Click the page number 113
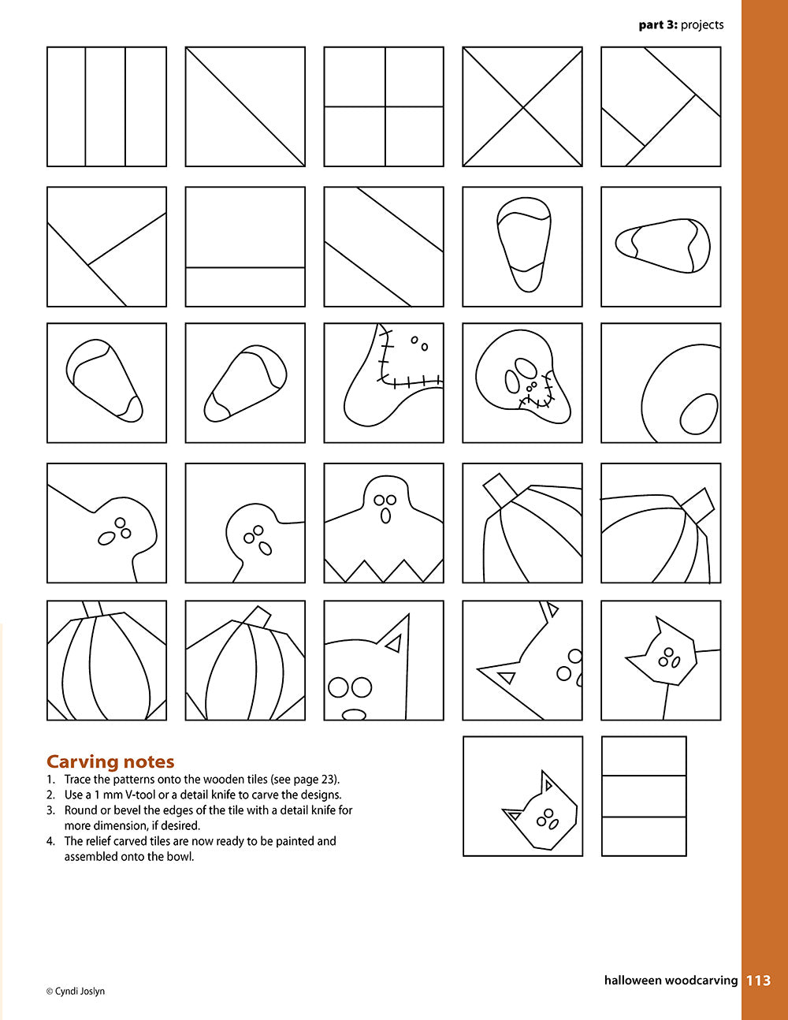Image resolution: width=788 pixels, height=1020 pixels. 758,981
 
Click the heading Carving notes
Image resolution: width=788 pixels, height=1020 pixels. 110,761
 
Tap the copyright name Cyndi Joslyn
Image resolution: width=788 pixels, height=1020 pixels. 80,991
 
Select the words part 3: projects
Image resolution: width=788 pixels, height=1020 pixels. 681,25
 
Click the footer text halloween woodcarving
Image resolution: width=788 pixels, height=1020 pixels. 671,981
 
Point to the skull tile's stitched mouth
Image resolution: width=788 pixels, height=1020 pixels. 535,402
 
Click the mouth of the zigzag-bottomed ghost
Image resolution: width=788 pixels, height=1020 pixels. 385,516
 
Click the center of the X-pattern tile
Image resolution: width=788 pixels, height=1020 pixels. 522,106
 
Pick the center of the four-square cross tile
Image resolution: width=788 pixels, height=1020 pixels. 385,106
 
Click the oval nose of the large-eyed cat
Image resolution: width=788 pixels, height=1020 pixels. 353,715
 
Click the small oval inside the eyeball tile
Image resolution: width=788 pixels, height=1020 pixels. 698,414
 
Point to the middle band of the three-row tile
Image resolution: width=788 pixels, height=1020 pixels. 644,796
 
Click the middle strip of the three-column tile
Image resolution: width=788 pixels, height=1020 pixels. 106,106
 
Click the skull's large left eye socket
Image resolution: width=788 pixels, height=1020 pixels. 512,382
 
